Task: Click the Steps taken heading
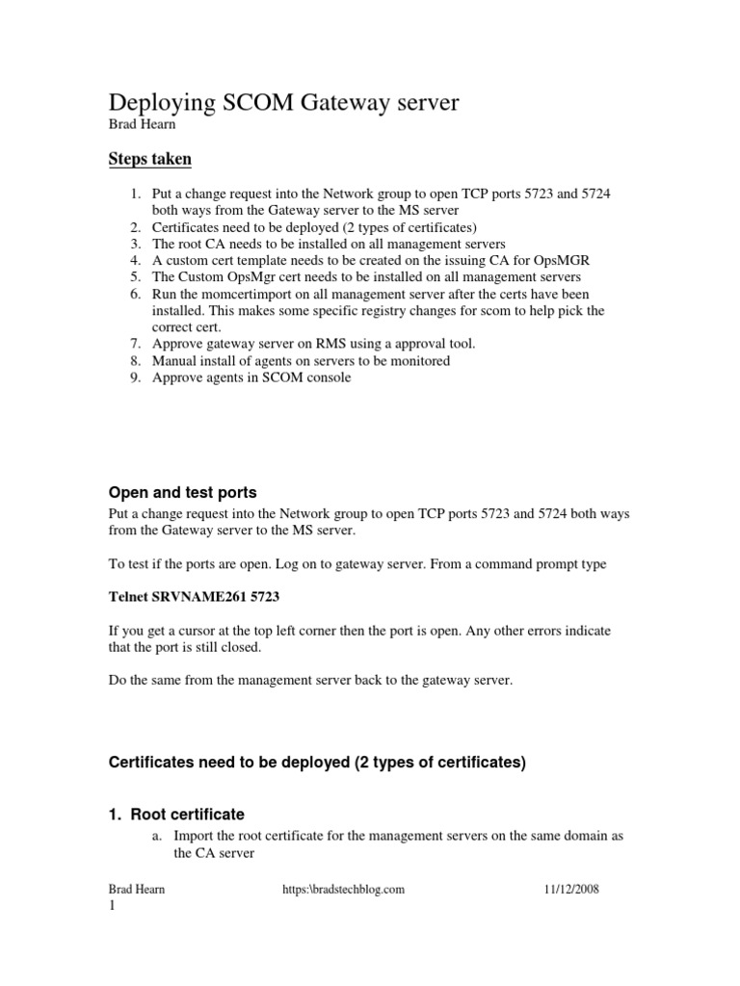click(149, 158)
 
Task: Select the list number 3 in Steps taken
click(136, 245)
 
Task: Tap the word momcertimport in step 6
click(229, 294)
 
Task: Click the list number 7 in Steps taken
click(136, 344)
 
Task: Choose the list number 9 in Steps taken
click(136, 377)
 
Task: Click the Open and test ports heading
click(182, 492)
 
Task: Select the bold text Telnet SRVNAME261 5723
click(194, 597)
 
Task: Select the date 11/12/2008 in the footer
click(571, 890)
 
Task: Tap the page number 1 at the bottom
click(111, 907)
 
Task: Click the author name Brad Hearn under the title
click(140, 124)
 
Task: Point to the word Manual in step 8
click(174, 361)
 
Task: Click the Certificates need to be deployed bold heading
click(317, 763)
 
